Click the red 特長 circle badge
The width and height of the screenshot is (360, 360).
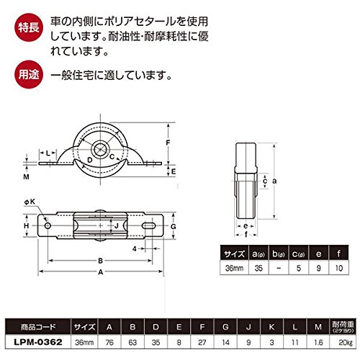tap(29, 27)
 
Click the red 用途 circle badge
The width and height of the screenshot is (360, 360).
tap(29, 74)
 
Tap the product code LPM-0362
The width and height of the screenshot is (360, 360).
tap(38, 342)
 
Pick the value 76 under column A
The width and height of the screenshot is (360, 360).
tap(109, 342)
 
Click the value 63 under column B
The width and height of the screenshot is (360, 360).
tap(132, 342)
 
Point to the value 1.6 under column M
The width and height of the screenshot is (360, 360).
tap(318, 342)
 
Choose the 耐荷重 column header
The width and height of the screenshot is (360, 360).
tap(343, 327)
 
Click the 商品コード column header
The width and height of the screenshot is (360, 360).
tap(38, 327)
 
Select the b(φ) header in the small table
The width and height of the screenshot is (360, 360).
tap(279, 254)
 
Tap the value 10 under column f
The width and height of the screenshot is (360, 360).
tap(339, 268)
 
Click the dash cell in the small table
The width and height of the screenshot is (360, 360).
tap(279, 268)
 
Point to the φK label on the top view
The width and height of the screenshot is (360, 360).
tap(30, 202)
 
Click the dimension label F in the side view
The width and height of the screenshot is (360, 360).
tap(168, 143)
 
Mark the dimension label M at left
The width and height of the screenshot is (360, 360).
tap(26, 177)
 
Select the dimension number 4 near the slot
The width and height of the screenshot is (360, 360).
tap(135, 248)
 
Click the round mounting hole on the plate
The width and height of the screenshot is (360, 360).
tap(48, 225)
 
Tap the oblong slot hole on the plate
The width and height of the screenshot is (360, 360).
tap(148, 225)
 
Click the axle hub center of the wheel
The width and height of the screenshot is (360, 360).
tap(100, 150)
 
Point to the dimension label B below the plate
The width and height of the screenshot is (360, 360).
tap(101, 261)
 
